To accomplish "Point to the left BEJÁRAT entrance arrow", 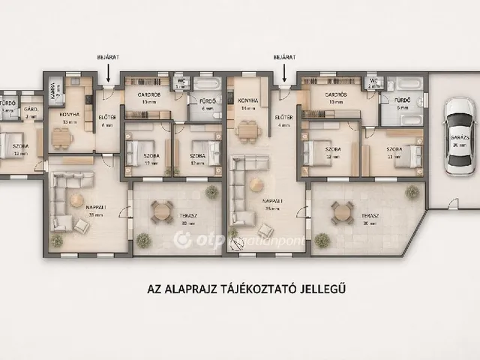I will [108, 72].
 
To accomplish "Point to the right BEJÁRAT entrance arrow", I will [283, 72].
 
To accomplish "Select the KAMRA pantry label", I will [53, 91].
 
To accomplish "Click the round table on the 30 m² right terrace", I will [342, 212].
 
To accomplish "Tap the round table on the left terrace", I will [161, 212].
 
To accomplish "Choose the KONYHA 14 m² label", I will [247, 103].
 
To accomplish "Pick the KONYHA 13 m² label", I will [70, 117].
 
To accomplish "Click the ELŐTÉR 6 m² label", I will [106, 119].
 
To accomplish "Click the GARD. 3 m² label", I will [31, 112].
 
